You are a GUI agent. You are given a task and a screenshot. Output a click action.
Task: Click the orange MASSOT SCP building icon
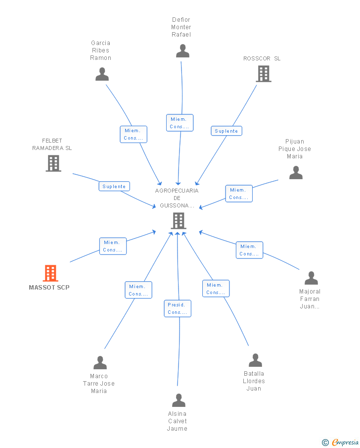point(50,273)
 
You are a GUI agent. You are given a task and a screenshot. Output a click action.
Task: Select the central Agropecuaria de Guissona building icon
point(178,221)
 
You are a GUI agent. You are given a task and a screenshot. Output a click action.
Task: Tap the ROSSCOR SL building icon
point(263,74)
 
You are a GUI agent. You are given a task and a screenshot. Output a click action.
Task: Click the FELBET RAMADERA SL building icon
point(53,163)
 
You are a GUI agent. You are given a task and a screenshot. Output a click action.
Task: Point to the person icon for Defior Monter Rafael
point(182,50)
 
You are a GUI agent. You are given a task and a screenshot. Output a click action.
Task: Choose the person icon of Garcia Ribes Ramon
point(102,74)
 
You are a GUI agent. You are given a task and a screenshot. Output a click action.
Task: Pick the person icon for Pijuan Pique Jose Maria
point(296,172)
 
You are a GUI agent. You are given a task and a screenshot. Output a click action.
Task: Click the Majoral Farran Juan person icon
point(311,278)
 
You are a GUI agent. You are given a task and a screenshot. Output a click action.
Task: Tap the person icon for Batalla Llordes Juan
point(255,360)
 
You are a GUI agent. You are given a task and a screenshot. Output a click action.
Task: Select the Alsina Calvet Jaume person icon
point(179,400)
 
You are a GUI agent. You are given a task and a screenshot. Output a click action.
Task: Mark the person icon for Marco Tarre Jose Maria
point(100,363)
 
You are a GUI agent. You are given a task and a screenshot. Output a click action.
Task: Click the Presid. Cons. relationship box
point(178,308)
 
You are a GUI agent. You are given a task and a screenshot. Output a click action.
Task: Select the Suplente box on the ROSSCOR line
point(226,131)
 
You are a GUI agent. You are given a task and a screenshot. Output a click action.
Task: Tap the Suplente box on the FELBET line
point(114,187)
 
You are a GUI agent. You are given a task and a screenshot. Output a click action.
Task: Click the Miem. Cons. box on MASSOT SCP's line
point(113,246)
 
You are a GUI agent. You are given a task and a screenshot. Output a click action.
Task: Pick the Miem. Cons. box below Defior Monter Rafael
point(180,123)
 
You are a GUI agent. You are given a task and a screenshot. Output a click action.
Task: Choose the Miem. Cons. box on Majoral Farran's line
point(249,250)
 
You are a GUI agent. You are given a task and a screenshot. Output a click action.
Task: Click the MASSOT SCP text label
point(49,288)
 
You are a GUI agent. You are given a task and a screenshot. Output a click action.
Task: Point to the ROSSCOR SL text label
point(262,58)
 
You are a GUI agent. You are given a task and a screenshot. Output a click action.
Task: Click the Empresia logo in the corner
point(341,442)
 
